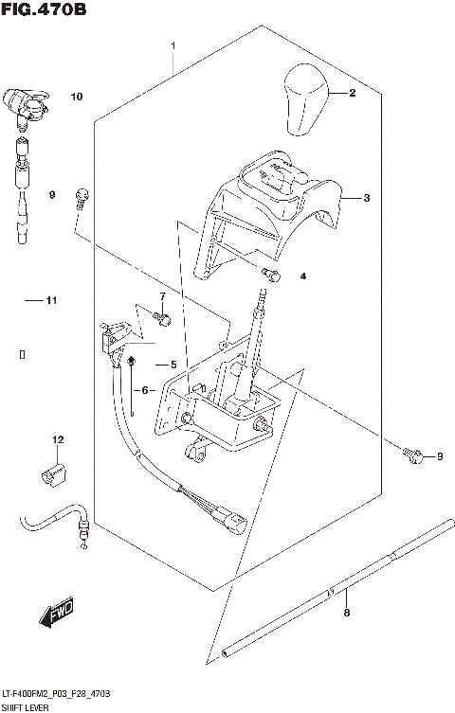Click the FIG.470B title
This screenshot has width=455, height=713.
(x=45, y=11)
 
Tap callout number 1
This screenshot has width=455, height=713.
(x=173, y=45)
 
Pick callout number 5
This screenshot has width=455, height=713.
(x=173, y=365)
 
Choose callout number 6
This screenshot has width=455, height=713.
(x=146, y=390)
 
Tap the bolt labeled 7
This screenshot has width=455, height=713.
(x=161, y=318)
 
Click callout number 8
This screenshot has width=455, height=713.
(x=346, y=614)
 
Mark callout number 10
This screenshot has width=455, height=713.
(x=76, y=97)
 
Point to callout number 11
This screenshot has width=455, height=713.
(x=51, y=301)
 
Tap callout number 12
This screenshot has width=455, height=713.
(x=57, y=439)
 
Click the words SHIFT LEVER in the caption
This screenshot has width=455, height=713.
(x=27, y=706)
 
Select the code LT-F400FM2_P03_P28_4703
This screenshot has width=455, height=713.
(x=56, y=695)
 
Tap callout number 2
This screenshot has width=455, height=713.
(x=352, y=93)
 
